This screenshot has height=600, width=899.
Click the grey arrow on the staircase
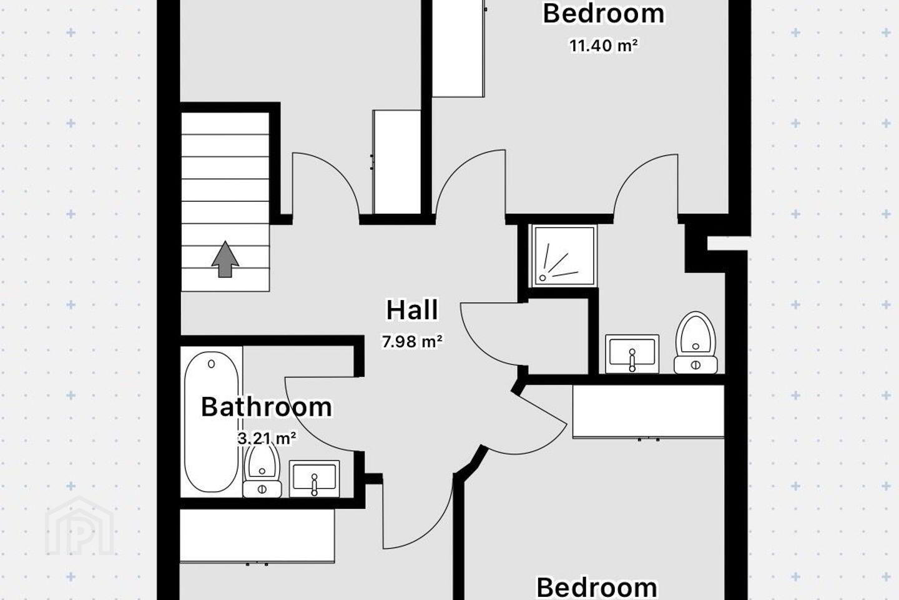click(225, 259)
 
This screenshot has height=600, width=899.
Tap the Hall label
click(412, 310)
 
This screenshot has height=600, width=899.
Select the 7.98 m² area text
click(412, 342)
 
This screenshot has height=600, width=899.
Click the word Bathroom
click(267, 407)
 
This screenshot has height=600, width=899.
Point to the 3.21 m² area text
click(267, 438)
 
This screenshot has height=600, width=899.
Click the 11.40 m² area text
click(603, 46)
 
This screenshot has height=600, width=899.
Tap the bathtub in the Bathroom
click(212, 422)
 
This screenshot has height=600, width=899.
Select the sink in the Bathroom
click(314, 479)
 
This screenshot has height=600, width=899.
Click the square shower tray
click(564, 256)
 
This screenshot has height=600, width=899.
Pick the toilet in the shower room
click(695, 342)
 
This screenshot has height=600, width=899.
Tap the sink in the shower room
click(632, 354)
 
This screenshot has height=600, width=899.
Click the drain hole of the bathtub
click(212, 364)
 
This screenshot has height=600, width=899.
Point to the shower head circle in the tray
click(543, 277)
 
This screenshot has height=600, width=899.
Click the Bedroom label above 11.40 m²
click(603, 14)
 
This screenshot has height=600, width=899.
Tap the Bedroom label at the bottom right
click(597, 588)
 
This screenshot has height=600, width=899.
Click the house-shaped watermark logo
click(79, 526)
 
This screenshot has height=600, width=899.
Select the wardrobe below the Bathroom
click(257, 536)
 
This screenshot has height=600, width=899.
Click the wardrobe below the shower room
click(649, 411)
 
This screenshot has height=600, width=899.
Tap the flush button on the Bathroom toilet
click(262, 489)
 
